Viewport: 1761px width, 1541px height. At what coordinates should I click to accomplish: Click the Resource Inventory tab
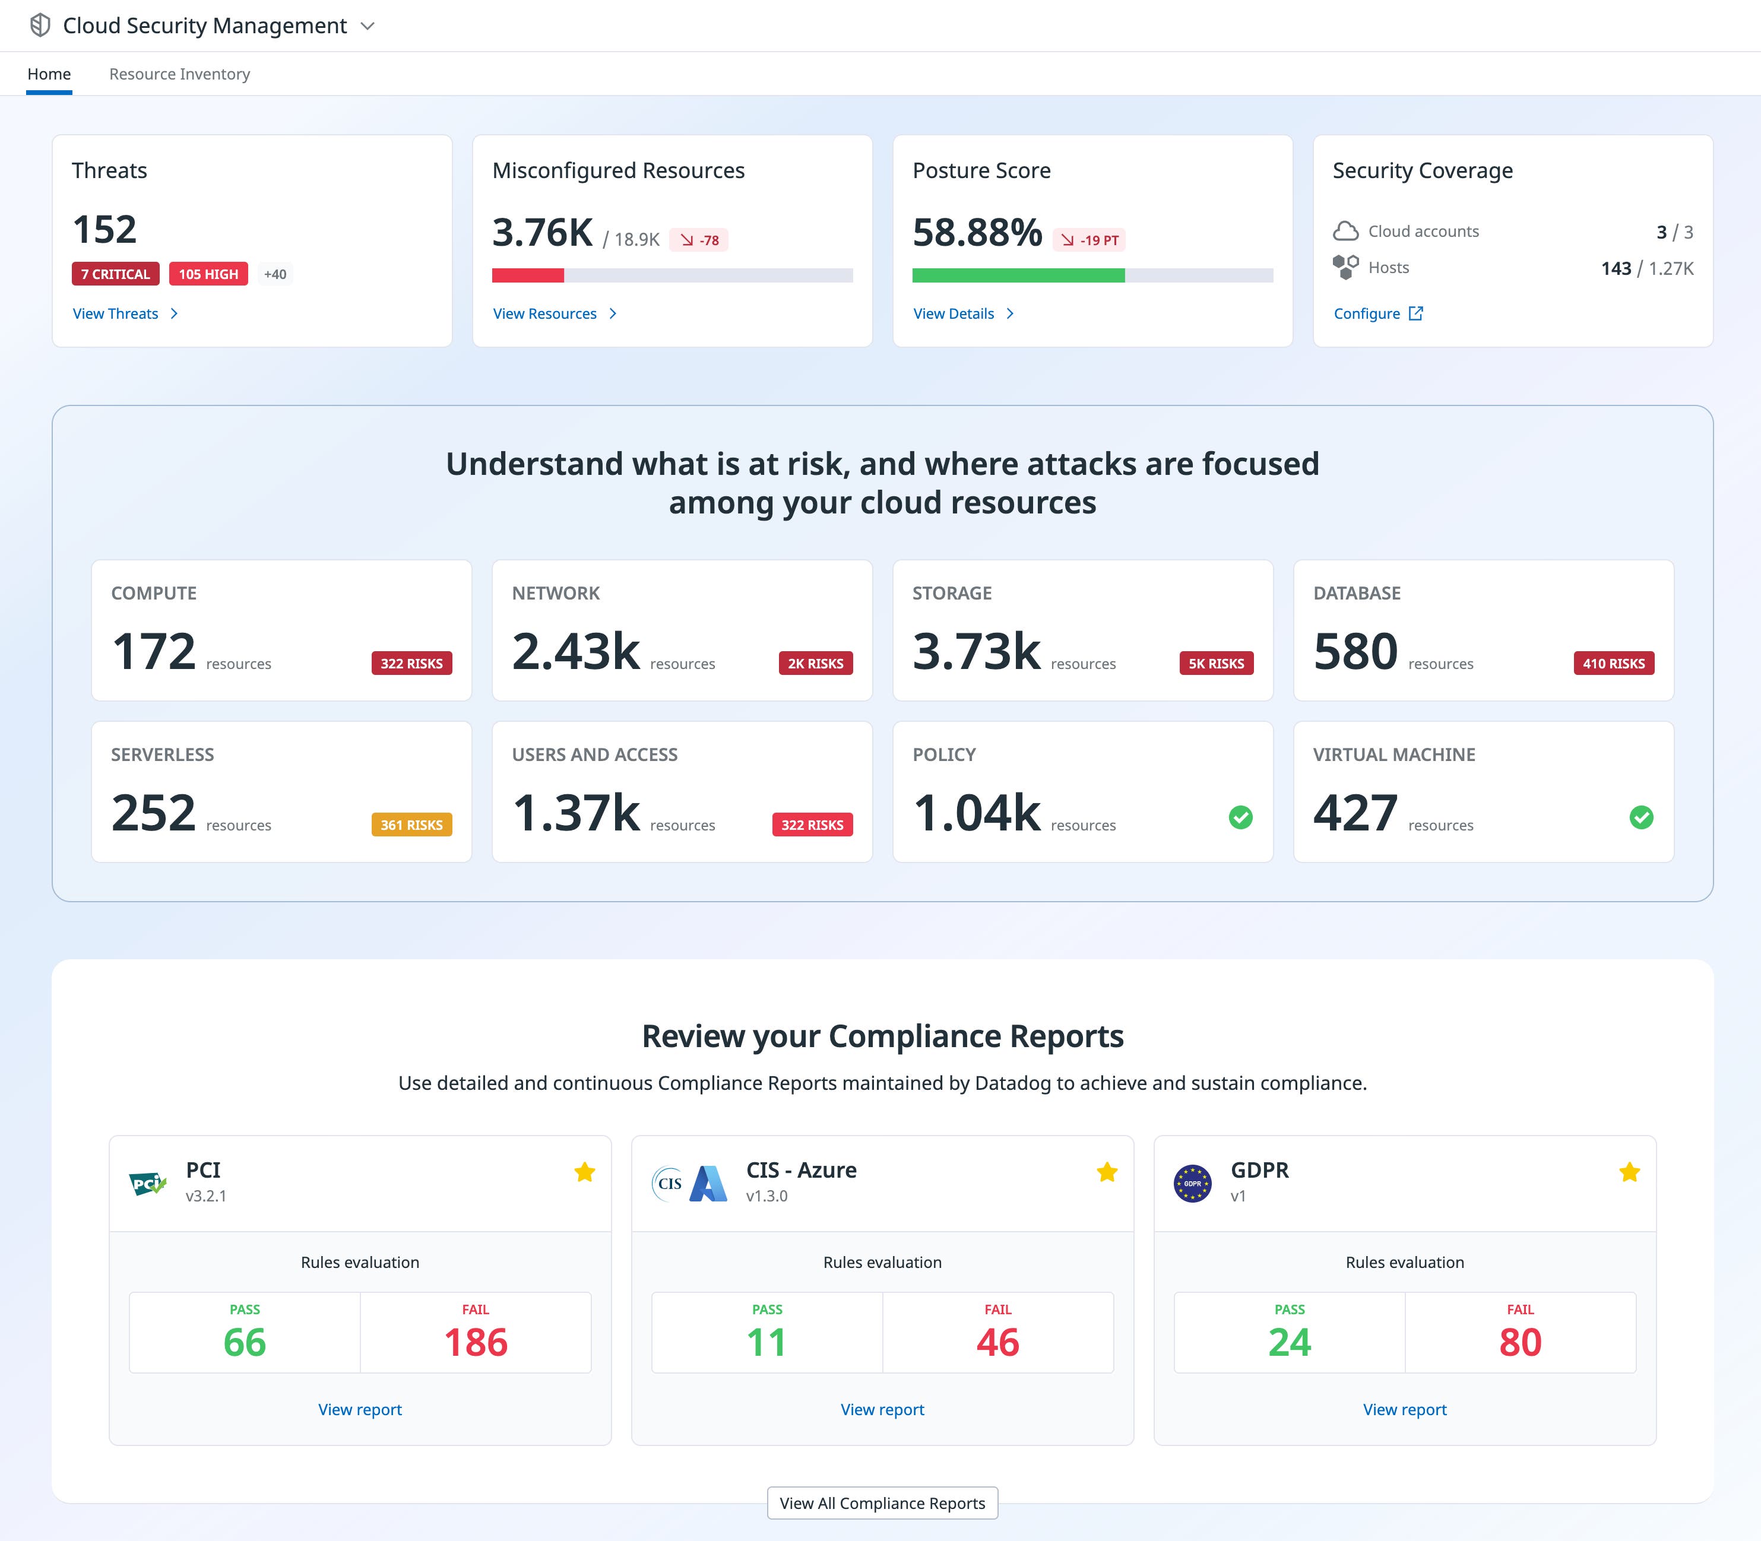[x=179, y=74]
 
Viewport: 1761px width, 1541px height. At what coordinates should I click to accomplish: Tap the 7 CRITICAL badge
[x=115, y=274]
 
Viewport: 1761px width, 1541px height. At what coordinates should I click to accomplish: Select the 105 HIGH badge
[x=208, y=274]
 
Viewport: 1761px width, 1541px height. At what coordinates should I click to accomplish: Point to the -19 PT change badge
[x=1089, y=240]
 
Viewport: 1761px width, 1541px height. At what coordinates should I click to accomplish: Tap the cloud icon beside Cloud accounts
[x=1345, y=232]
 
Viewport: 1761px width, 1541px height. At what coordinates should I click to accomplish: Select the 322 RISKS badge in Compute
[x=411, y=664]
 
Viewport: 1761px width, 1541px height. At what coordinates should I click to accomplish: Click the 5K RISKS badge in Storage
[x=1215, y=664]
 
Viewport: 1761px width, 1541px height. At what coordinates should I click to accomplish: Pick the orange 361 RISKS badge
[x=411, y=825]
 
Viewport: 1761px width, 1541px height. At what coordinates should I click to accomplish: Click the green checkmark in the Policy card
[x=1240, y=817]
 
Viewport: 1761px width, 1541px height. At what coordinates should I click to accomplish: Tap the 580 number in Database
[x=1355, y=651]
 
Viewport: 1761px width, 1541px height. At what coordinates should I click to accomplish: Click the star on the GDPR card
[x=1629, y=1172]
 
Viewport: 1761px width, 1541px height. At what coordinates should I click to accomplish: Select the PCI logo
[x=147, y=1184]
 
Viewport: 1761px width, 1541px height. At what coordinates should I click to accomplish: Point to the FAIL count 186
[x=476, y=1342]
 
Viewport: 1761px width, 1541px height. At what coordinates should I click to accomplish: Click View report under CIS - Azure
[x=882, y=1409]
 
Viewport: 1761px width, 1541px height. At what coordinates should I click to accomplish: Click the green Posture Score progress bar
[x=1018, y=275]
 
